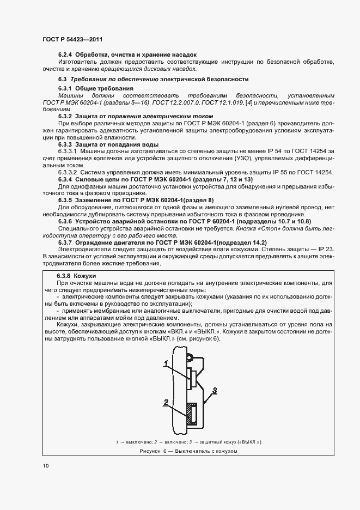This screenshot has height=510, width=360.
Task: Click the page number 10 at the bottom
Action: (x=45, y=466)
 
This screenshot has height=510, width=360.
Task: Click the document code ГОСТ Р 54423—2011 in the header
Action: (x=72, y=40)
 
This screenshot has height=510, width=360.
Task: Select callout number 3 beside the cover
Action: (x=215, y=390)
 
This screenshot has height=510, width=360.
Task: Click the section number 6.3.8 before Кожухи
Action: (x=66, y=276)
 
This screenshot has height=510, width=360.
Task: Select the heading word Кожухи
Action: (x=86, y=276)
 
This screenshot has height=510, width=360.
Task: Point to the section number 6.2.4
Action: (x=65, y=55)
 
